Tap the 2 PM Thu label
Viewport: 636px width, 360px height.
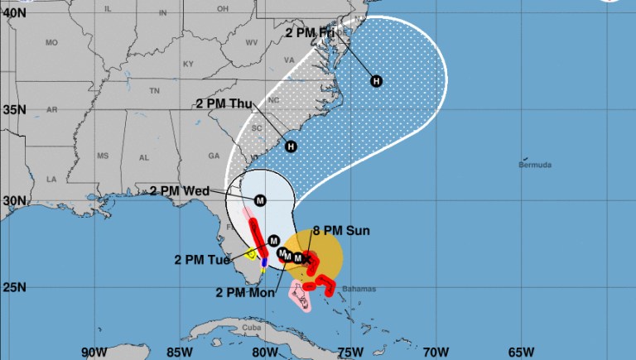tap(224, 103)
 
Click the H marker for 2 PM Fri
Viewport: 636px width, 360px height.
tap(377, 80)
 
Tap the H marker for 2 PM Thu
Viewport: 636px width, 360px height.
tap(291, 146)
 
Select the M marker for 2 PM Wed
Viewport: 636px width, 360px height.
tap(260, 200)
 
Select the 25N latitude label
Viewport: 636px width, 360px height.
tap(15, 288)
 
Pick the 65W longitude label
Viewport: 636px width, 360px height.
tap(521, 351)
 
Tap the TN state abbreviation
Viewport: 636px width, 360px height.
tap(154, 90)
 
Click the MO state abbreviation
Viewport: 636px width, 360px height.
tap(52, 42)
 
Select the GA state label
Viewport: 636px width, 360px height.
tap(214, 156)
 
